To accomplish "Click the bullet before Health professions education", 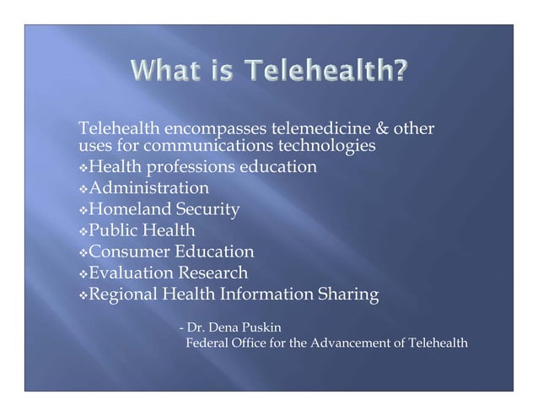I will (x=82, y=168).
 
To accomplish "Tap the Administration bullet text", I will (x=149, y=187).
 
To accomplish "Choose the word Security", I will (x=207, y=209).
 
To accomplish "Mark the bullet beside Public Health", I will (x=82, y=231).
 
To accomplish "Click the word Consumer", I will (x=131, y=251).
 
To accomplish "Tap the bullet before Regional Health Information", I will (x=82, y=295).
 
